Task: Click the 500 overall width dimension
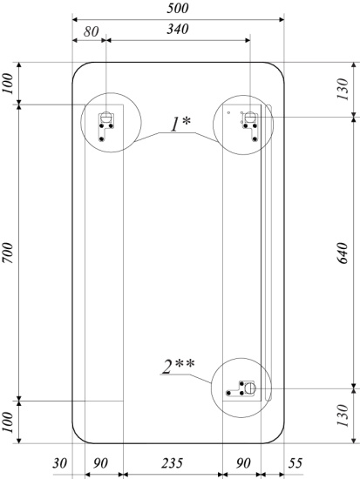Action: (x=178, y=8)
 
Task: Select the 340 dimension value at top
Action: (x=178, y=29)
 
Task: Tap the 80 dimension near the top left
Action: (x=92, y=31)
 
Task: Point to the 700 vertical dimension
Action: (x=8, y=253)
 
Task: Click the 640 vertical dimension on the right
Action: (x=343, y=253)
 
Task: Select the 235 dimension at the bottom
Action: (x=173, y=463)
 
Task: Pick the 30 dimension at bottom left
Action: (x=59, y=463)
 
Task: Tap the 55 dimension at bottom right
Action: (x=295, y=463)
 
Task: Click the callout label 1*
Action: (x=180, y=125)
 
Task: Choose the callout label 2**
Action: (x=179, y=367)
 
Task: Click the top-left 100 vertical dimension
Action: (x=8, y=84)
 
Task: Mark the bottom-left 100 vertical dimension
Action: (x=8, y=422)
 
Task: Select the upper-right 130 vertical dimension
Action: (x=343, y=89)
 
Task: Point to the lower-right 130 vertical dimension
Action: (x=343, y=415)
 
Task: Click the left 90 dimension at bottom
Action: (x=100, y=463)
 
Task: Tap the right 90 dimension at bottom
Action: (x=243, y=463)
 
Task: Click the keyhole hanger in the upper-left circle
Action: (x=105, y=117)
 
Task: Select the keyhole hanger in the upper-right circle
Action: (x=250, y=117)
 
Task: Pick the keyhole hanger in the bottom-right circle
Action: (x=251, y=388)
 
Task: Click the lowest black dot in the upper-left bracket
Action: (x=102, y=139)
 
